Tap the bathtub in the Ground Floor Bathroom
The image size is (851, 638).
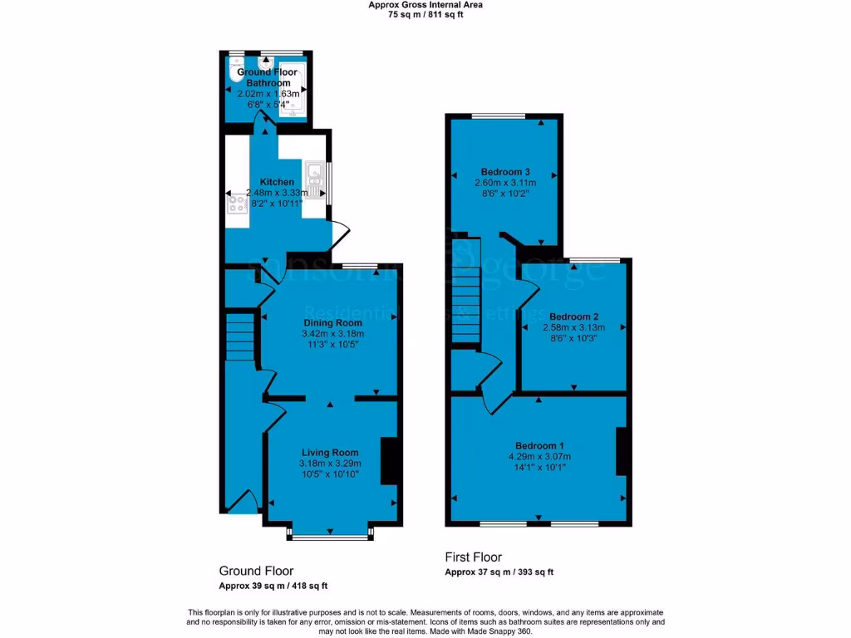pos(292,91)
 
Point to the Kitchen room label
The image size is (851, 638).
pos(277,182)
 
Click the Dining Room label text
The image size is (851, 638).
pos(332,322)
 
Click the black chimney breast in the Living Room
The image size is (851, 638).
pos(389,460)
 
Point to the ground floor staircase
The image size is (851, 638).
pos(239,336)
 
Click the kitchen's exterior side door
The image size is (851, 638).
pos(339,234)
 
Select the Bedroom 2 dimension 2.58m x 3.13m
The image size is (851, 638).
pos(574,327)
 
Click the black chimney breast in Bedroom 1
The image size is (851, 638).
pos(620,451)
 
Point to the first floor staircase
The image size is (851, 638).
pos(466,274)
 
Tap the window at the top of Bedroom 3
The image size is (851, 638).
pos(499,115)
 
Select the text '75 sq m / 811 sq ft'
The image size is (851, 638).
pos(425,14)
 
